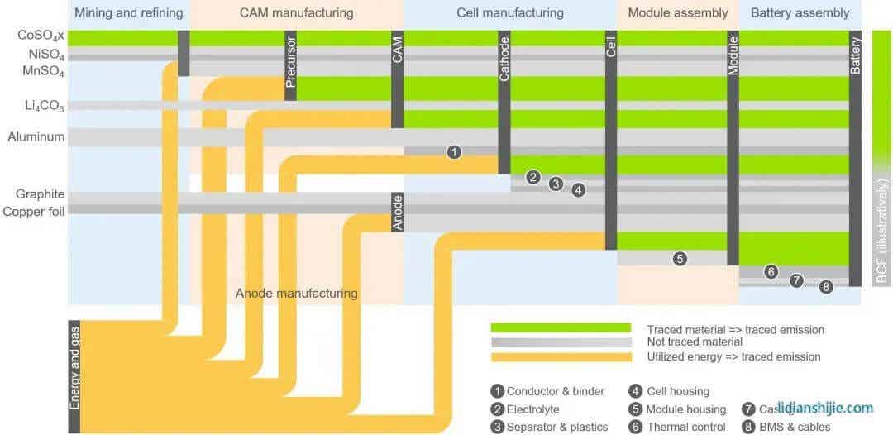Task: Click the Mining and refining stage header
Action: pyautogui.click(x=128, y=13)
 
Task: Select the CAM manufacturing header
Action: pyautogui.click(x=296, y=13)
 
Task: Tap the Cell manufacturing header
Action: pyautogui.click(x=509, y=13)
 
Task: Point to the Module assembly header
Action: pyautogui.click(x=678, y=13)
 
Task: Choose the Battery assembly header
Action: pyautogui.click(x=800, y=13)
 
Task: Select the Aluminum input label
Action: pyautogui.click(x=36, y=137)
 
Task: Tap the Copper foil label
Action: pyautogui.click(x=34, y=212)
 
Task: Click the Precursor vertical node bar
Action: pyautogui.click(x=290, y=65)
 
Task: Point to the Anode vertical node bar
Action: pyautogui.click(x=397, y=212)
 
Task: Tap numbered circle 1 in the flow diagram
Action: pyautogui.click(x=454, y=152)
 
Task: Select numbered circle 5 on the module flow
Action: pyautogui.click(x=680, y=258)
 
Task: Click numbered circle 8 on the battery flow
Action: pyautogui.click(x=826, y=287)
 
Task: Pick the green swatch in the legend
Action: pyautogui.click(x=561, y=329)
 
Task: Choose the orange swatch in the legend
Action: pyautogui.click(x=561, y=356)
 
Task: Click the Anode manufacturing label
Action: pyautogui.click(x=296, y=294)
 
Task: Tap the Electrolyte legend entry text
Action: pyautogui.click(x=532, y=409)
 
